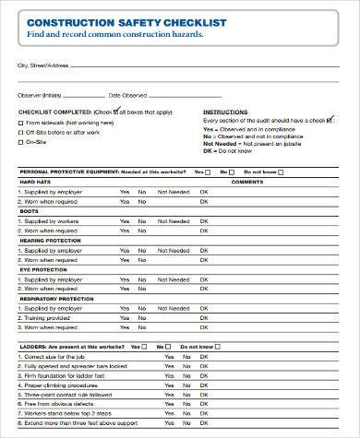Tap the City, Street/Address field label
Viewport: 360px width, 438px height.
coord(43,66)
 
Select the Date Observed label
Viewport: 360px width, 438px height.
coord(128,95)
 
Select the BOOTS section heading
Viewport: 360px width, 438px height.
coord(30,211)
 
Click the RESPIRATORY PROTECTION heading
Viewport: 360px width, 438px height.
coord(58,299)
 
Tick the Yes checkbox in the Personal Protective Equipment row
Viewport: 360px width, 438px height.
coord(210,172)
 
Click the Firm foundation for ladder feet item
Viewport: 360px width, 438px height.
coord(60,375)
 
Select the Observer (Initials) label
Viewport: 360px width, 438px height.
coord(40,95)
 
